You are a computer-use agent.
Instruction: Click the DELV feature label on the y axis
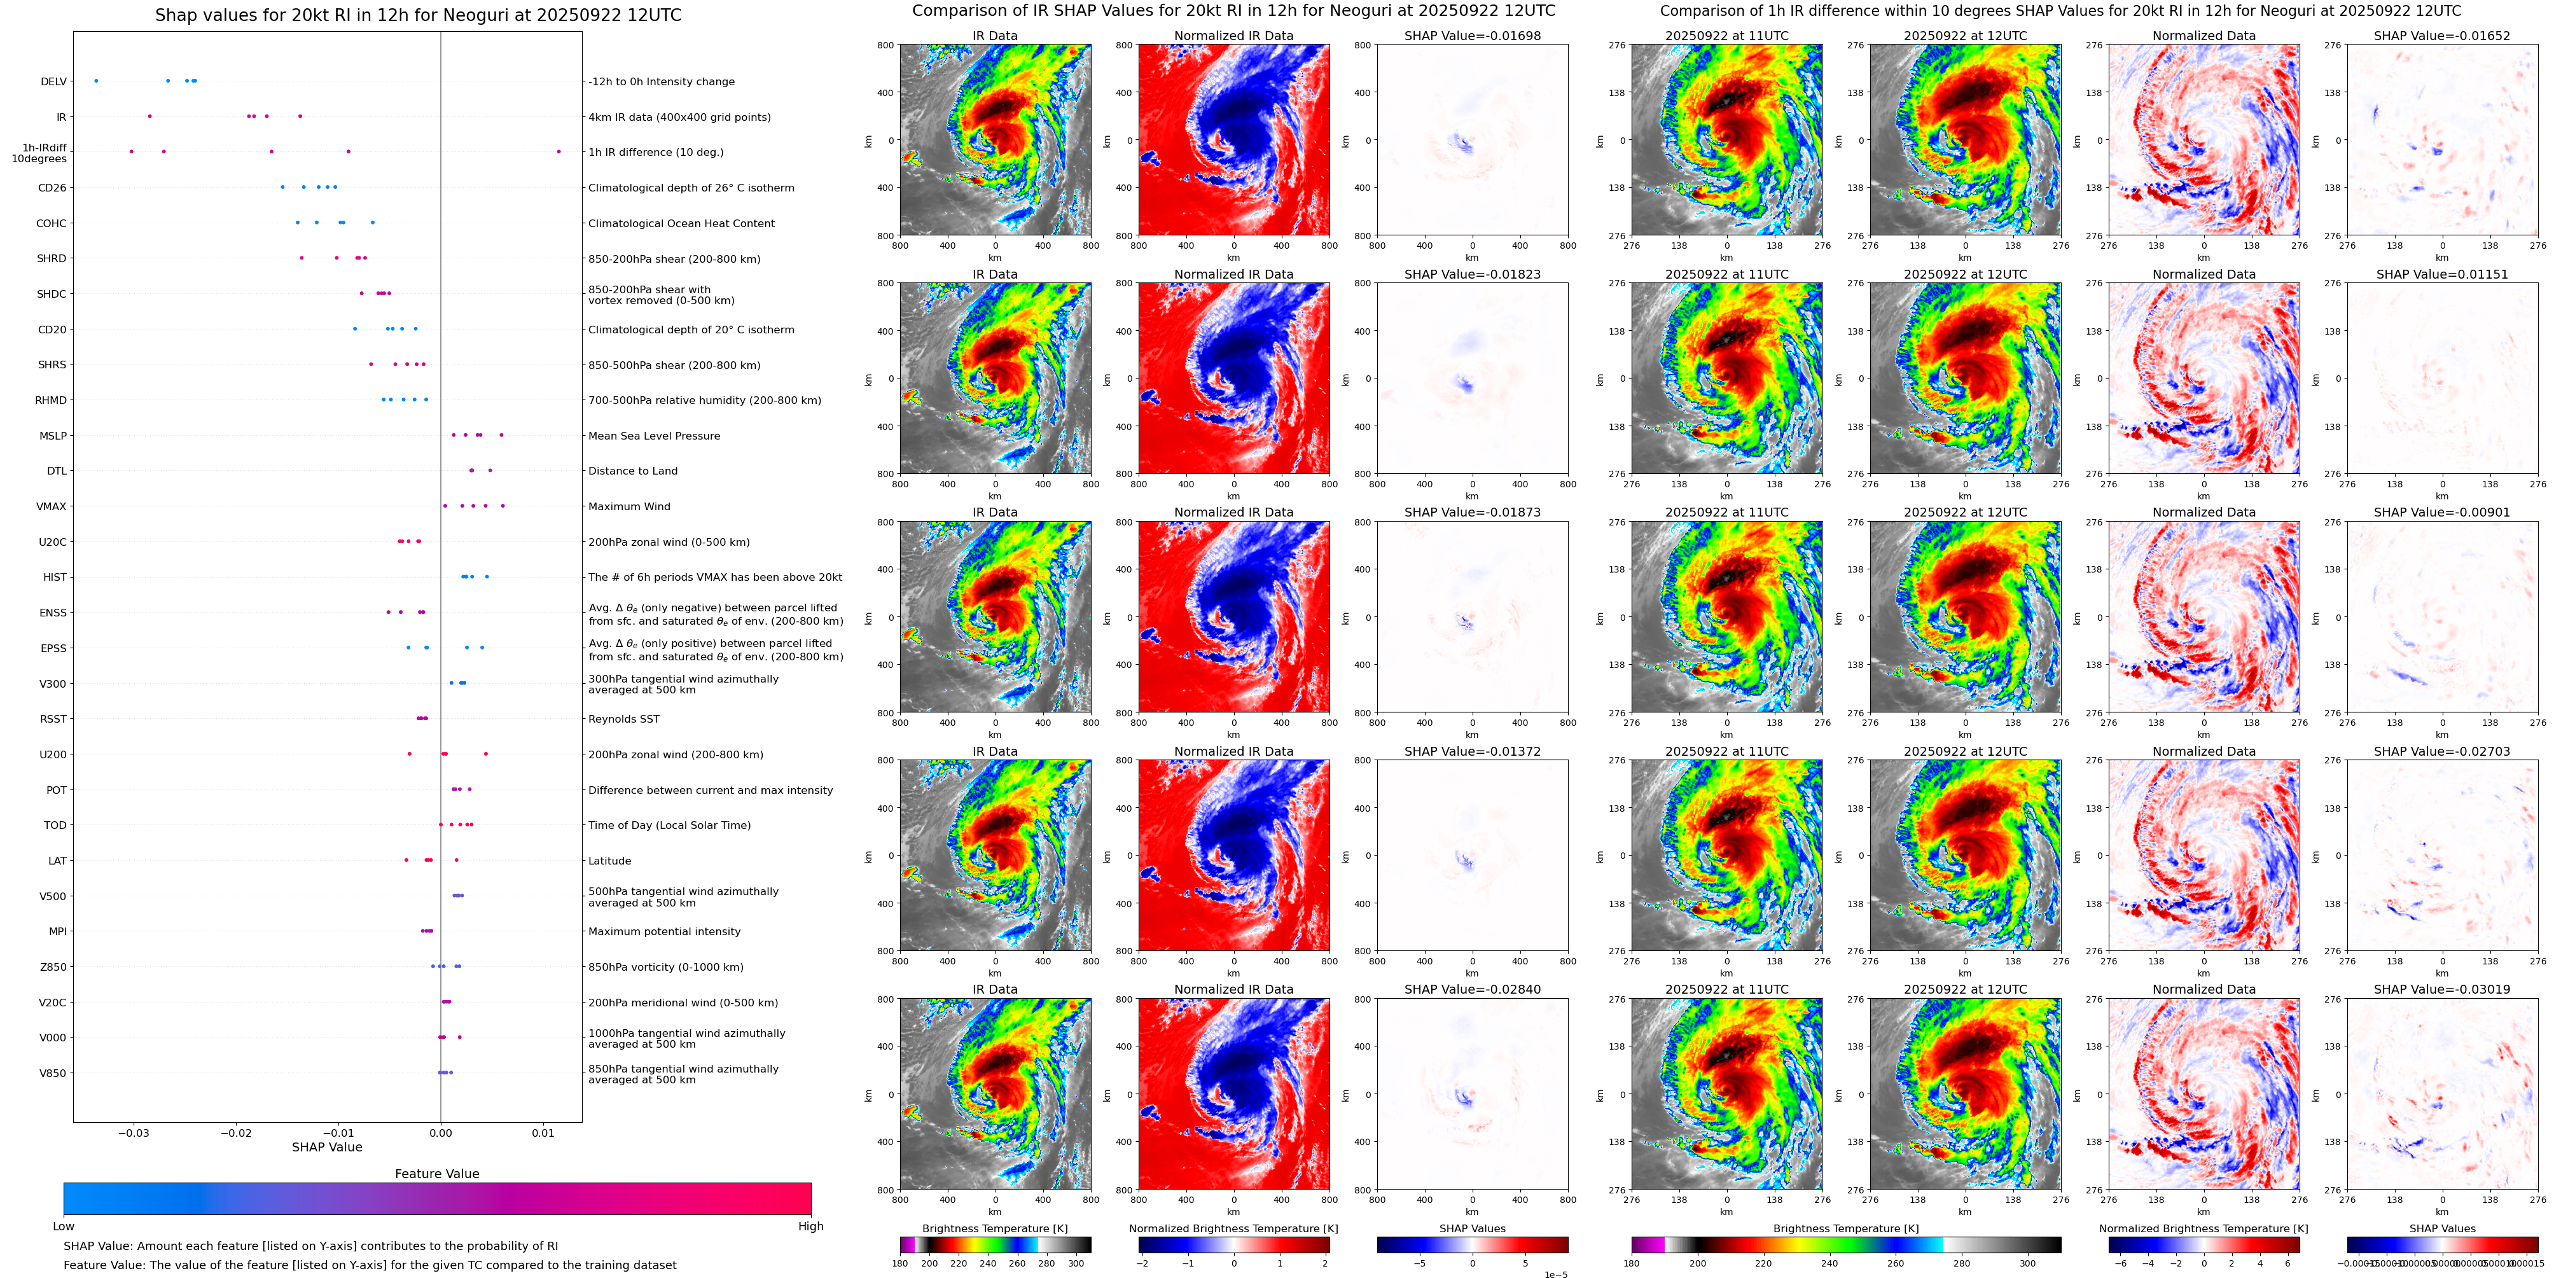pyautogui.click(x=53, y=81)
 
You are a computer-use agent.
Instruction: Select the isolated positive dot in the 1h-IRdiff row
pyautogui.click(x=559, y=151)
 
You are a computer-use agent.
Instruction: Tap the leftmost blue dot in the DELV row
pyautogui.click(x=95, y=80)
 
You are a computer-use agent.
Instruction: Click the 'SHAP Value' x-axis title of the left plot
pyautogui.click(x=326, y=1147)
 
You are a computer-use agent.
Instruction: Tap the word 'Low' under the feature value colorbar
pyautogui.click(x=64, y=1226)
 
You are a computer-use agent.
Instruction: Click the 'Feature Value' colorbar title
pyautogui.click(x=436, y=1174)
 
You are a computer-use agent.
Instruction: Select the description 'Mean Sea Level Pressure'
pyautogui.click(x=653, y=436)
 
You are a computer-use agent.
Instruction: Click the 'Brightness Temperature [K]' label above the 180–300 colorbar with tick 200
pyautogui.click(x=994, y=1228)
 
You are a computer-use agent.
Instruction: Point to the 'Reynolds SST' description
pyautogui.click(x=623, y=719)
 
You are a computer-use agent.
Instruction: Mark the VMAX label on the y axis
pyautogui.click(x=52, y=506)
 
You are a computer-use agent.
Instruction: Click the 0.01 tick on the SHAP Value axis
pyautogui.click(x=543, y=1132)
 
